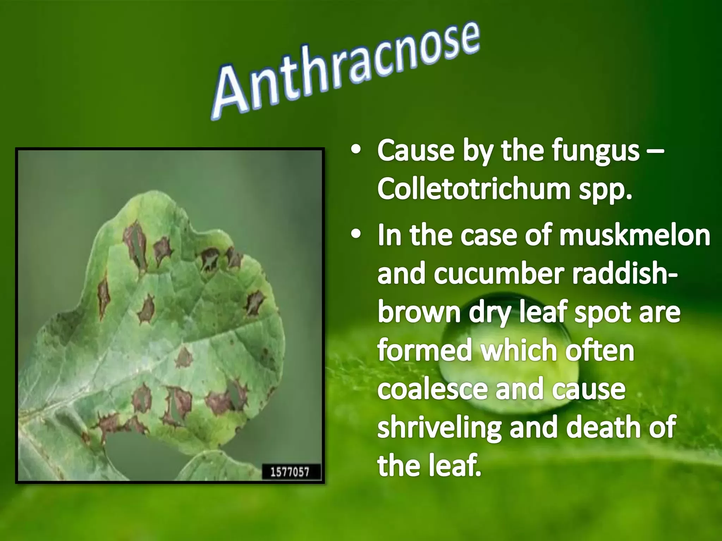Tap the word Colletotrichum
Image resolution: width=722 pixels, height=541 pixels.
coord(474,189)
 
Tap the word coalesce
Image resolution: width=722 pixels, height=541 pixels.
coord(433,390)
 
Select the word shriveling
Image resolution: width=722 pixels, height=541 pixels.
coord(439,428)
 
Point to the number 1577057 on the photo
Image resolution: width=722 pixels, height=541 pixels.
coord(290,472)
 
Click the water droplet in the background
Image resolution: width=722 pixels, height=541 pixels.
coord(508,366)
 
